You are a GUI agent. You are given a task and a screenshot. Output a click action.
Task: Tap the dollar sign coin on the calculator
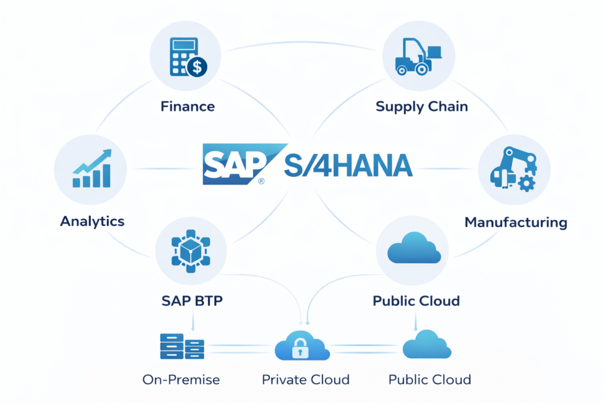197,67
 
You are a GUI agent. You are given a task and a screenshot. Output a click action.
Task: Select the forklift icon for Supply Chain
418,56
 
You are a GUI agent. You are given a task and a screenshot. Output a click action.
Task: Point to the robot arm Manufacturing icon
514,169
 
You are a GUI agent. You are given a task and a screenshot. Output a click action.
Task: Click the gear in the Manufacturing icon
526,183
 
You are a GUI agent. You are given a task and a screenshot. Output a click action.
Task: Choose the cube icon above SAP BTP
191,251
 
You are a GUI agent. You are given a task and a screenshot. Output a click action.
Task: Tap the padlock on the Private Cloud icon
300,348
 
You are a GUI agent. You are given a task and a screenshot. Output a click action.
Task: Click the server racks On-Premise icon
182,346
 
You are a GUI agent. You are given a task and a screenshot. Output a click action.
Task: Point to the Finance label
188,106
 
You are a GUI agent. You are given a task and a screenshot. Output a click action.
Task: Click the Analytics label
92,222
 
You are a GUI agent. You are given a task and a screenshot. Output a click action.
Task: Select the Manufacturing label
516,222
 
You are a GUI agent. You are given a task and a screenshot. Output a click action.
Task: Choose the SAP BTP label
192,301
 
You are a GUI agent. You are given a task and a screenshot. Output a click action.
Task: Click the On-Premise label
181,380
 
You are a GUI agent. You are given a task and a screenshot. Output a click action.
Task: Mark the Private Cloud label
306,380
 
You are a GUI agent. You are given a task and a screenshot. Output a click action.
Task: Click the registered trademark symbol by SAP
261,181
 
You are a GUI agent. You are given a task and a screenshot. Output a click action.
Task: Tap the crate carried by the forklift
434,52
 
